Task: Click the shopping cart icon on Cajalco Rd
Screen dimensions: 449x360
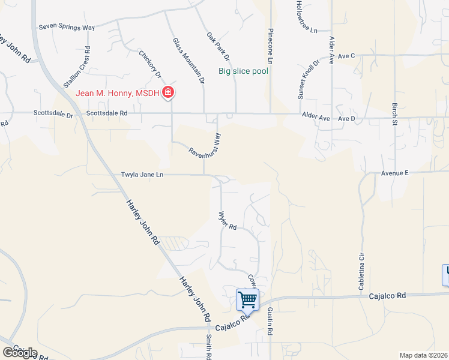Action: [x=247, y=299]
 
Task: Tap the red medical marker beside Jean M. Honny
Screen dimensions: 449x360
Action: [x=169, y=93]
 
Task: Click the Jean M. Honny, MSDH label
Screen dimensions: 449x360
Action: [x=118, y=93]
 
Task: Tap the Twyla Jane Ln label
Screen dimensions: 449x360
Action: [x=142, y=175]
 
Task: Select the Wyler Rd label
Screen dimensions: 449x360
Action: [x=228, y=220]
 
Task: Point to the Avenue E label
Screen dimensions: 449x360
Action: [x=394, y=173]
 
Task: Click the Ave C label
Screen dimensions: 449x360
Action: [x=347, y=56]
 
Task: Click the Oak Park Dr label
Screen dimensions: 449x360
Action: [x=218, y=46]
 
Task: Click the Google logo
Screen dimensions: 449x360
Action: [x=20, y=352]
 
